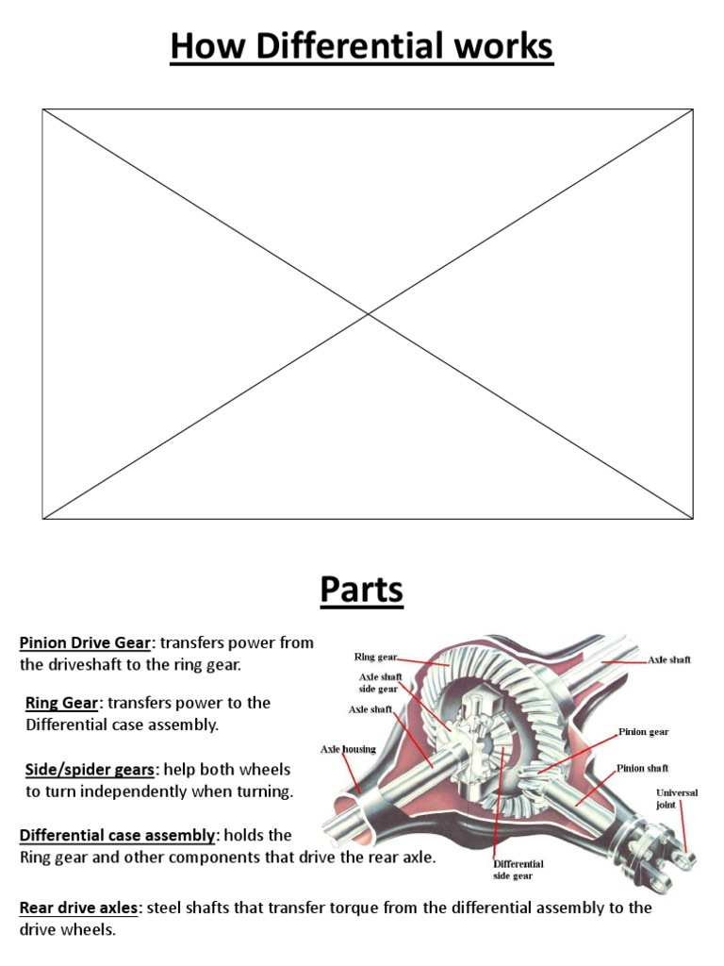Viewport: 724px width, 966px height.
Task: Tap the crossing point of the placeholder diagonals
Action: pos(368,313)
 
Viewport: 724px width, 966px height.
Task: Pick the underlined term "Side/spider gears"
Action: pos(90,770)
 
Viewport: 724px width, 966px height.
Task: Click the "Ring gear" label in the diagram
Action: pos(375,657)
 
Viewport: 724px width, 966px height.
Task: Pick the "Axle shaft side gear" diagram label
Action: pos(380,682)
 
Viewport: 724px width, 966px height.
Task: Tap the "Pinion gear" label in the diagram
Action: pos(644,731)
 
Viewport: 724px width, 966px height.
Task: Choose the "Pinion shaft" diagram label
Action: pos(643,769)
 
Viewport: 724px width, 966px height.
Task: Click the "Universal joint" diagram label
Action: pos(677,799)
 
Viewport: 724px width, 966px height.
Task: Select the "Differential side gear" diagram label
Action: pos(518,869)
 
